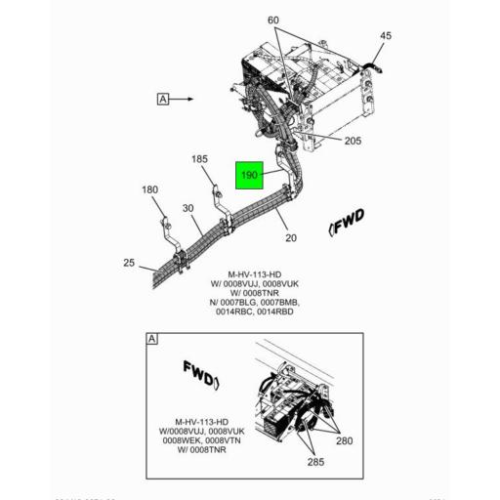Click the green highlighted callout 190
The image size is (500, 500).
coord(249,175)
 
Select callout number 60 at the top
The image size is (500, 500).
coord(272,21)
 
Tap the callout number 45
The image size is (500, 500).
coord(385,36)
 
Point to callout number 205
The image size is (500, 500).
coord(353,141)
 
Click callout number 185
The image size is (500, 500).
coord(199,158)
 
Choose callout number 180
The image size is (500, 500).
coord(149,189)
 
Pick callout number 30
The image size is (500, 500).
coord(187,208)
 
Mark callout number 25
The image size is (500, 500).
coord(129,263)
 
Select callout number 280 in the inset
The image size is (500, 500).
coord(345,441)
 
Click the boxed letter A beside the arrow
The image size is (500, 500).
coord(162,99)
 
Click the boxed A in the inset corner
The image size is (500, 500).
coord(151,339)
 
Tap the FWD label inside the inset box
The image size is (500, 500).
coord(202,373)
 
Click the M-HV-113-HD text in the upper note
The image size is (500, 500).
coord(259,274)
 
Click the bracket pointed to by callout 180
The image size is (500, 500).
coord(165,235)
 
